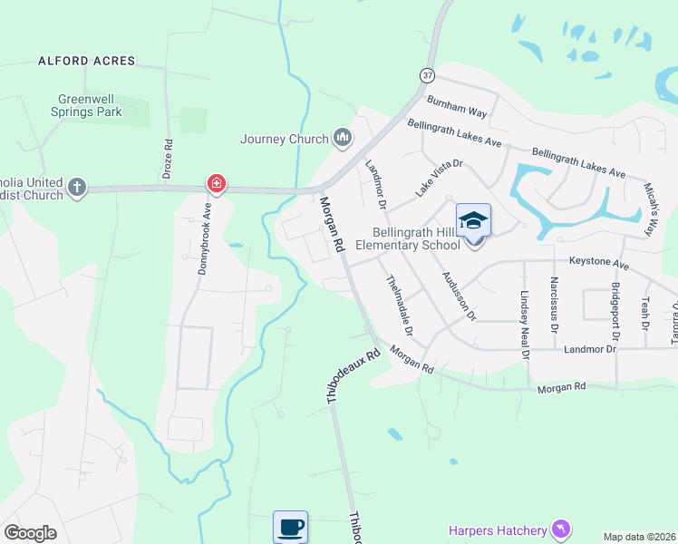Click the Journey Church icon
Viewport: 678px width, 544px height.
342,138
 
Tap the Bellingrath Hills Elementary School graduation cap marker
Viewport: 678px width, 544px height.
472,222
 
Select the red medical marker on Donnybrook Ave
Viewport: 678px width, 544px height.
216,184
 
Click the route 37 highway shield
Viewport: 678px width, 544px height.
428,74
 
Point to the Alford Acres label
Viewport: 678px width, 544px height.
87,61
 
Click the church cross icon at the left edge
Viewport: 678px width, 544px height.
77,188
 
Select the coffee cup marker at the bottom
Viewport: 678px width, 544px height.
290,527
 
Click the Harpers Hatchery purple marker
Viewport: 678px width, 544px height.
562,529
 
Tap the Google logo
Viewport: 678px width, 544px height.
30,533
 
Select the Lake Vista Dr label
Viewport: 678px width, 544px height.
440,178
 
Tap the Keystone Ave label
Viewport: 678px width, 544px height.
598,263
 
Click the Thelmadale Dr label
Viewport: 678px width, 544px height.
400,306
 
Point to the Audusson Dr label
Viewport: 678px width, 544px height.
458,296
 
